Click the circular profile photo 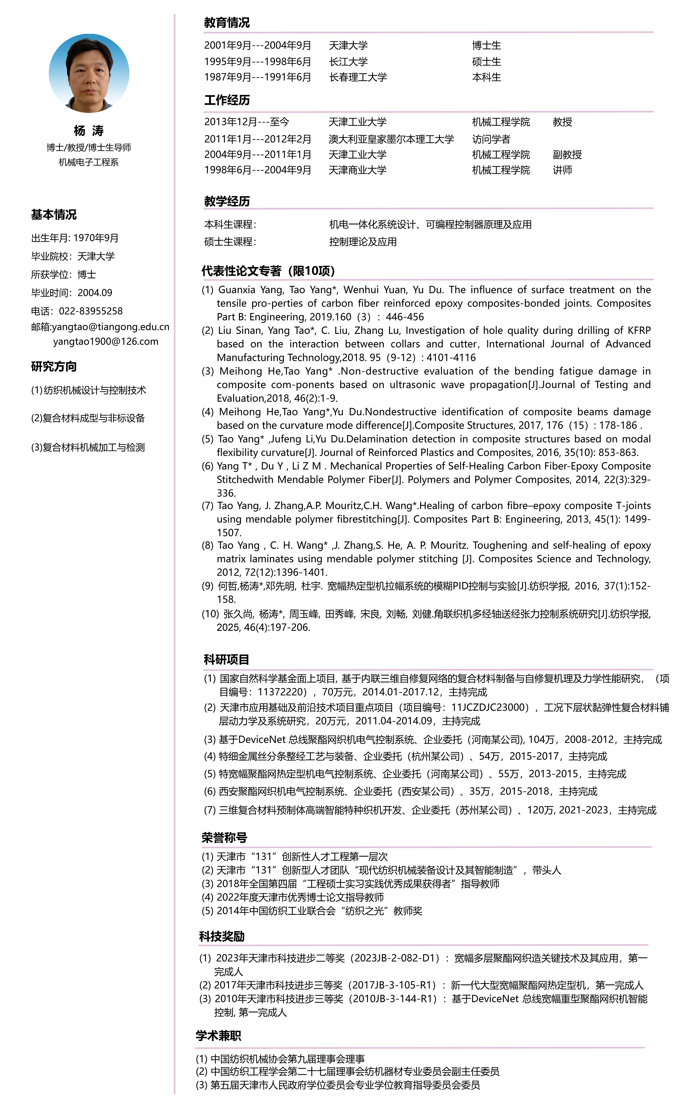tap(89, 73)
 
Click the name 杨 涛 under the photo tap(89, 131)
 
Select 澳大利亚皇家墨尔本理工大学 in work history tap(391, 139)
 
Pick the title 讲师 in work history tap(562, 170)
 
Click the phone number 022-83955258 tap(91, 311)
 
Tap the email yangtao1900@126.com tap(106, 341)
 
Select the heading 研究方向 tap(54, 366)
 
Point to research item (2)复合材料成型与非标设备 tap(88, 418)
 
